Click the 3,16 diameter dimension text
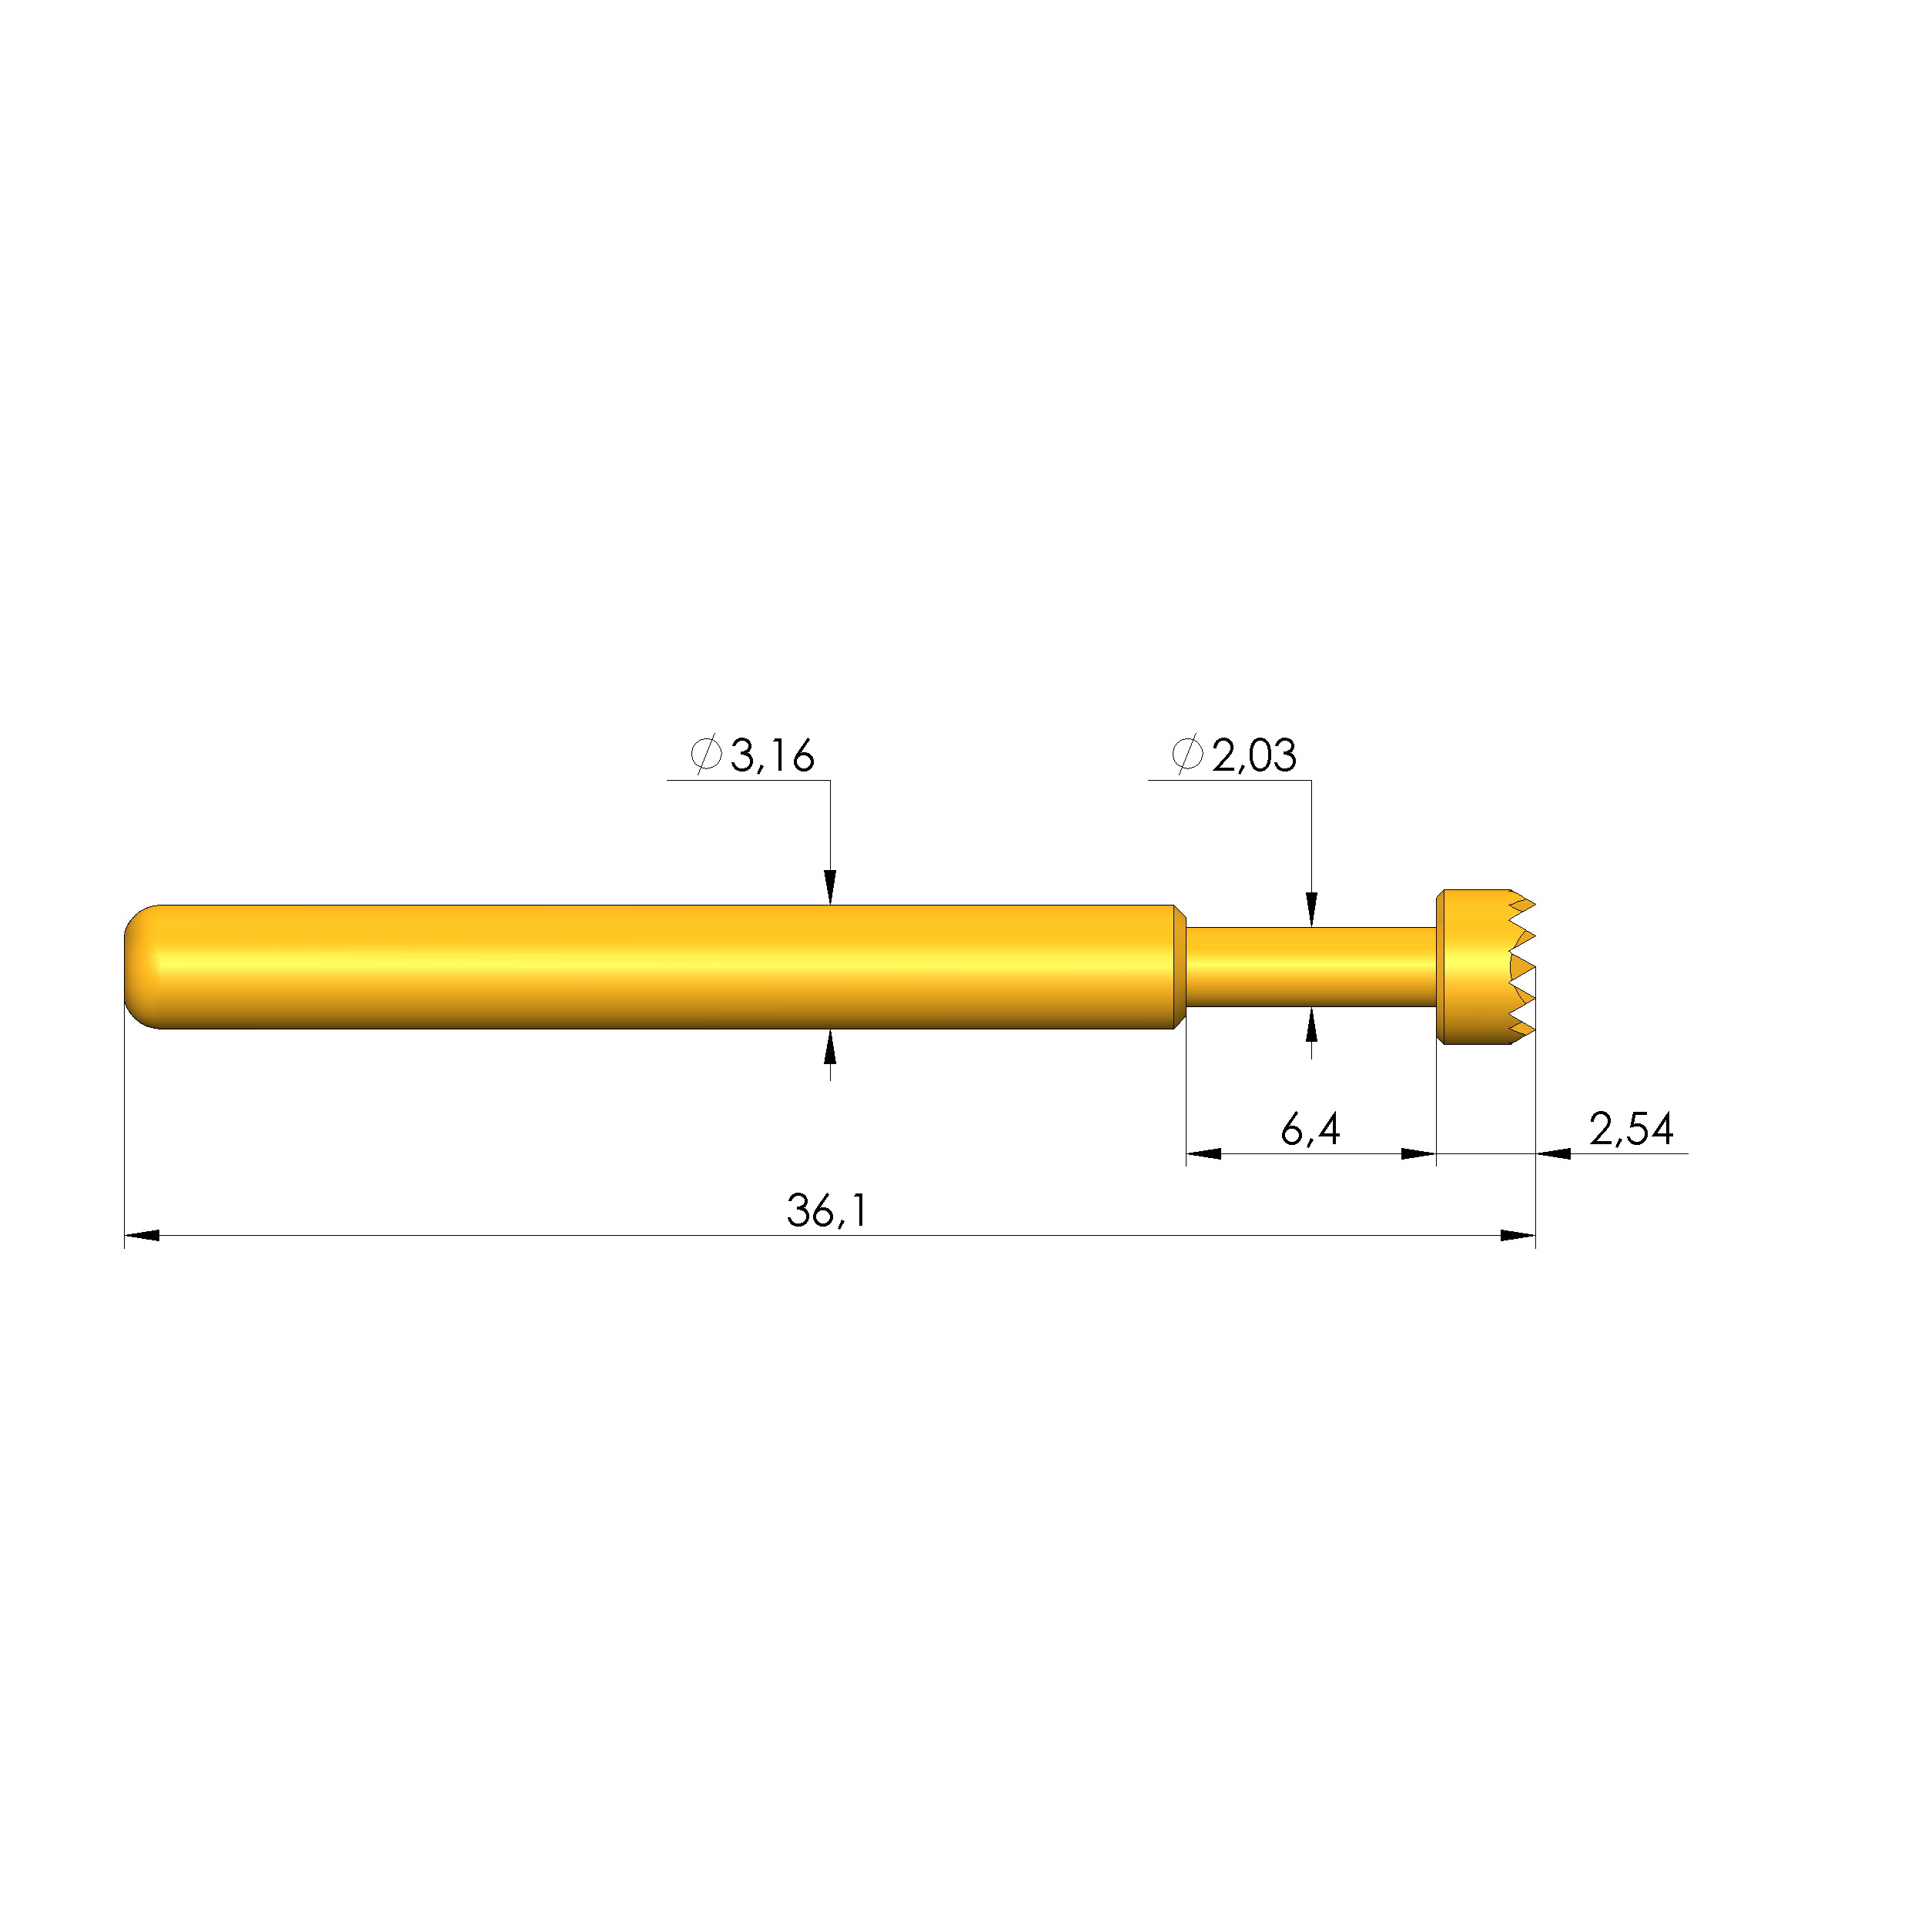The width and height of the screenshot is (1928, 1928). click(772, 755)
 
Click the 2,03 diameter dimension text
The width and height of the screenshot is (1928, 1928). click(1254, 755)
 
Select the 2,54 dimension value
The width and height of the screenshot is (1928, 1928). click(1631, 1130)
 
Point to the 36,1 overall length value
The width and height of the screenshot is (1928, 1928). click(826, 1211)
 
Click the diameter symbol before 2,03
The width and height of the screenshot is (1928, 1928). click(1187, 755)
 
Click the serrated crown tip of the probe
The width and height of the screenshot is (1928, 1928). click(1519, 966)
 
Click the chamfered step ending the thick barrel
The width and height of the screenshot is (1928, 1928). click(1179, 966)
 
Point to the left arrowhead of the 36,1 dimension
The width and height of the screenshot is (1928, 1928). click(142, 1236)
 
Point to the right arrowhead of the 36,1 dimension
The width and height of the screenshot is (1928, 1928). click(1517, 1236)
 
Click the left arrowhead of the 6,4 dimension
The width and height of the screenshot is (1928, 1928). click(1203, 1153)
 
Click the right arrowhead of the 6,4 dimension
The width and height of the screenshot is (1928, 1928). click(1418, 1153)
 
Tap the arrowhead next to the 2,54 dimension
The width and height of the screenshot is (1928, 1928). click(1553, 1153)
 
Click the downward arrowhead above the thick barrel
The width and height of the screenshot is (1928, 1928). click(829, 887)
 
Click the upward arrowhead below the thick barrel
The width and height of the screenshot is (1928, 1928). click(829, 1047)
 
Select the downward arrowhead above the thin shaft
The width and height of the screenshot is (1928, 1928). click(1311, 910)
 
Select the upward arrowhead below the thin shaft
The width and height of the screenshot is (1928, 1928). click(1311, 1025)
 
